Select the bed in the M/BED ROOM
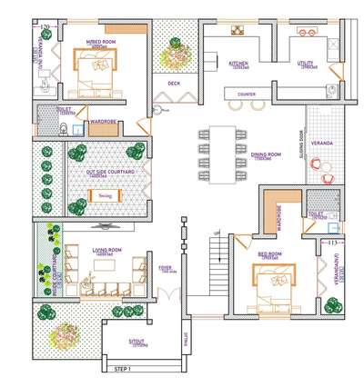(x=94, y=68)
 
